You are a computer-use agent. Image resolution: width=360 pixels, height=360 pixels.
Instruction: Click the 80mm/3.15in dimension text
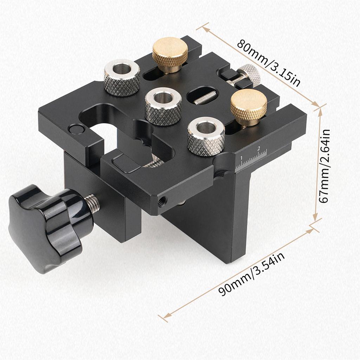click(269, 64)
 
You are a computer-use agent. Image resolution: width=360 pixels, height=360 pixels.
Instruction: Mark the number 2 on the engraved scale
click(259, 148)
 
